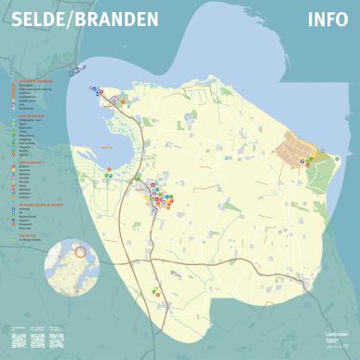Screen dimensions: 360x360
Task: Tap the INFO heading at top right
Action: pos(327,20)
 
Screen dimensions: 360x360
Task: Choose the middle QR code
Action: pos(38,340)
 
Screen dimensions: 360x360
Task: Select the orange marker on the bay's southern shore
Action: pos(111,171)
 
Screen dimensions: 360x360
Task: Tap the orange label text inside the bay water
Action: pos(104,147)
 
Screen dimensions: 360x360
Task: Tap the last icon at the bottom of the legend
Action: pos(21,240)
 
